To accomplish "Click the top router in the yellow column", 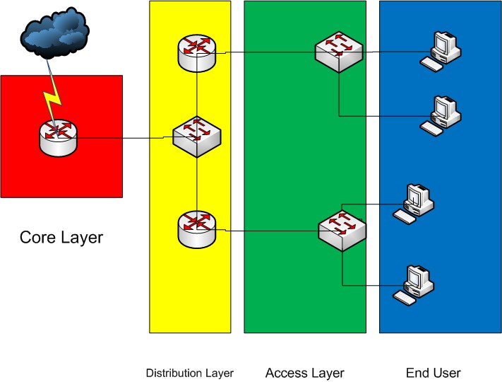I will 196,52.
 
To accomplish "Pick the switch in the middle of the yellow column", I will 197,136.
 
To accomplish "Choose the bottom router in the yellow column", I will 196,228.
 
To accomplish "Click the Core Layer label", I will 61,238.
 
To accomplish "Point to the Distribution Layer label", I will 189,373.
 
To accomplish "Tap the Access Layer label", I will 304,373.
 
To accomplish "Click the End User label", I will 433,373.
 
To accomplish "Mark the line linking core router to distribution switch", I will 124,139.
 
